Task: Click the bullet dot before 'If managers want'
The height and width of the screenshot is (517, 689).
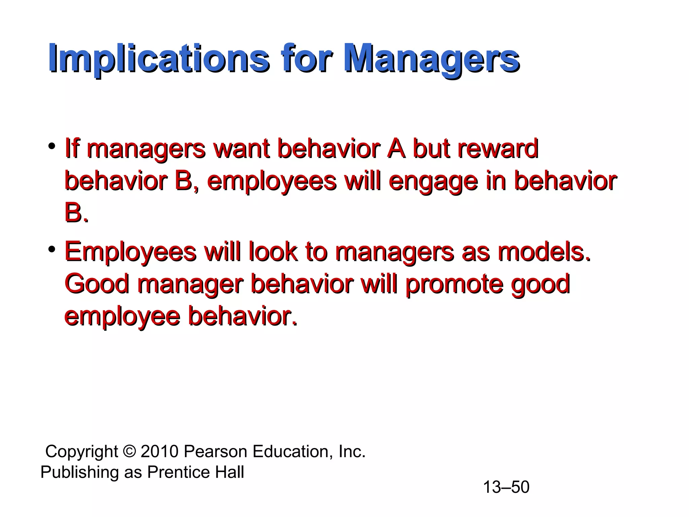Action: tap(51, 146)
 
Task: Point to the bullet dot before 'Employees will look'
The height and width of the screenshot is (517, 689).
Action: tap(51, 250)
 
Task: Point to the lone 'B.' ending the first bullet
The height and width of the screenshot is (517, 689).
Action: tap(76, 213)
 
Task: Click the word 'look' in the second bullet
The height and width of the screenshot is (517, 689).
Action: tap(273, 252)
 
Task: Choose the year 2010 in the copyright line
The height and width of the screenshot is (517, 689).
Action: tap(159, 451)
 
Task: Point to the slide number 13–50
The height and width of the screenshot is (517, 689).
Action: tap(506, 487)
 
